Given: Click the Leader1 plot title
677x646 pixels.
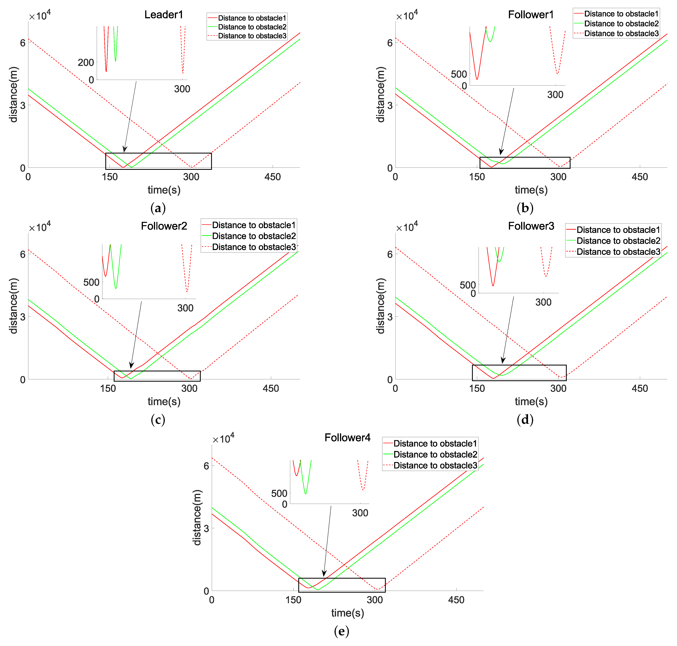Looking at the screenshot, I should coord(164,15).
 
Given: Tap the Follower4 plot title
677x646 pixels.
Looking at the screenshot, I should coord(347,438).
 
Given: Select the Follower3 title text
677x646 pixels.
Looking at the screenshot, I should coord(531,226).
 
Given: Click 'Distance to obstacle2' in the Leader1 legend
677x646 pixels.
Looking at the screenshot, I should coord(252,27).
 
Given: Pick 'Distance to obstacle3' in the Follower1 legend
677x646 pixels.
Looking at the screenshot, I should coord(621,33).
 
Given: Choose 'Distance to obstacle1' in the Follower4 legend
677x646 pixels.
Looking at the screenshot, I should coord(435,444).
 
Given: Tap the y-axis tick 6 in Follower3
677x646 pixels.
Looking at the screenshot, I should coord(390,254).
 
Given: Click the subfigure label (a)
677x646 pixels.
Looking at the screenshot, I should coord(158,208).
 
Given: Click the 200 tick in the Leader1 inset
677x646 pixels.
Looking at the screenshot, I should coord(86,63).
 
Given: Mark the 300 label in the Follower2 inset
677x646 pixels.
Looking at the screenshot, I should coord(185,308).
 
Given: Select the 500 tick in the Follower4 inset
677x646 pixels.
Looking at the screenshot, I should coord(279,493).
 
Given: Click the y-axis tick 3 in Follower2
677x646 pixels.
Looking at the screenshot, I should coord(23,317).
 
